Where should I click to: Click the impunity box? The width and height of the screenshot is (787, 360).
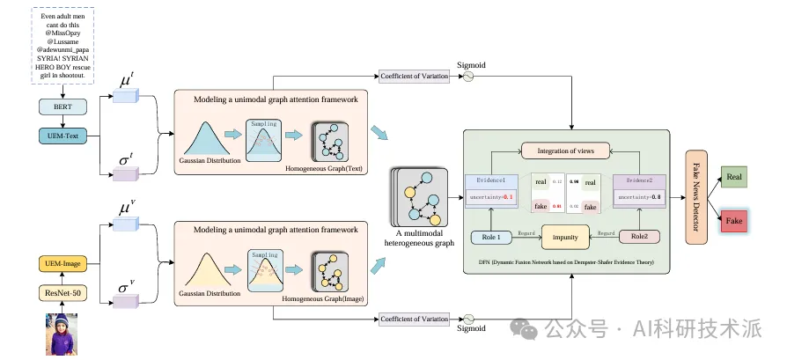[x=566, y=237]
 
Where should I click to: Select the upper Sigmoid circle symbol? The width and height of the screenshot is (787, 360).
[x=467, y=77]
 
